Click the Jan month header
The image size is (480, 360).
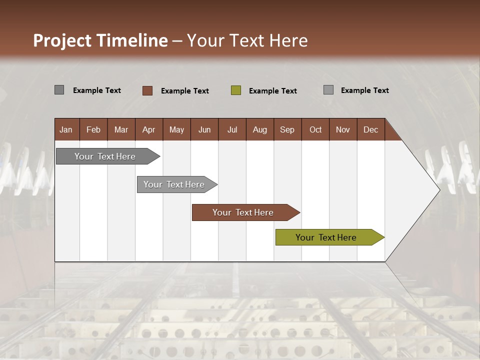[x=66, y=129]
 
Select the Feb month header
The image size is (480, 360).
[x=93, y=129]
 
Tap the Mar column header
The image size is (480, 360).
[x=121, y=129]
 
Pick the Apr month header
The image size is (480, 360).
[x=149, y=129]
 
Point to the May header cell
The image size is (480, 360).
[x=176, y=129]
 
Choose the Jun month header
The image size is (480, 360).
[x=204, y=129]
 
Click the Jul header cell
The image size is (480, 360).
[x=232, y=129]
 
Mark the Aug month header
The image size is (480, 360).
[x=260, y=129]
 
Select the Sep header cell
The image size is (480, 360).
[x=287, y=129]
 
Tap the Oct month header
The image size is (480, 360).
[x=315, y=129]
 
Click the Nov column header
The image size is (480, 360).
[x=343, y=129]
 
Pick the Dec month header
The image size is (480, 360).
[x=371, y=129]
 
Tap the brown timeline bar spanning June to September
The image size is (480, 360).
[x=243, y=212]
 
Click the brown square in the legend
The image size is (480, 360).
[x=147, y=90]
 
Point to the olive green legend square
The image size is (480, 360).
[x=236, y=90]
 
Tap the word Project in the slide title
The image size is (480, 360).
[x=62, y=40]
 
